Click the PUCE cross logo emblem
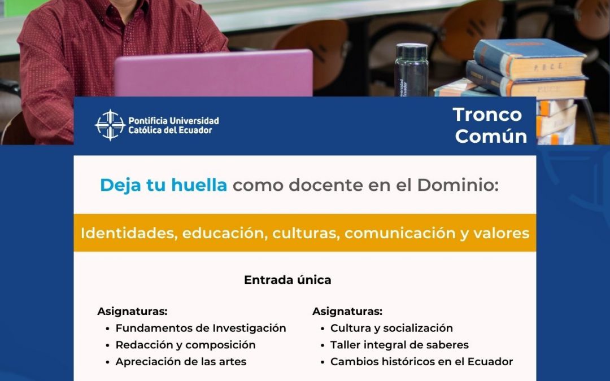click(x=111, y=125)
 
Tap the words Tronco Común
click(x=490, y=125)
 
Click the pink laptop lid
click(x=213, y=73)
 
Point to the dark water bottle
click(x=412, y=70)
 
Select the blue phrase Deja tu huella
click(x=163, y=185)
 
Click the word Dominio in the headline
click(x=458, y=185)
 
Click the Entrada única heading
click(x=287, y=280)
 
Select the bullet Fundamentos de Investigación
click(x=201, y=328)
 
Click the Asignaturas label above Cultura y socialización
click(x=347, y=312)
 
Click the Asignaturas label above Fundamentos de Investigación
click(x=132, y=312)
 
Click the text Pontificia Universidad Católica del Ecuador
click(x=173, y=125)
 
